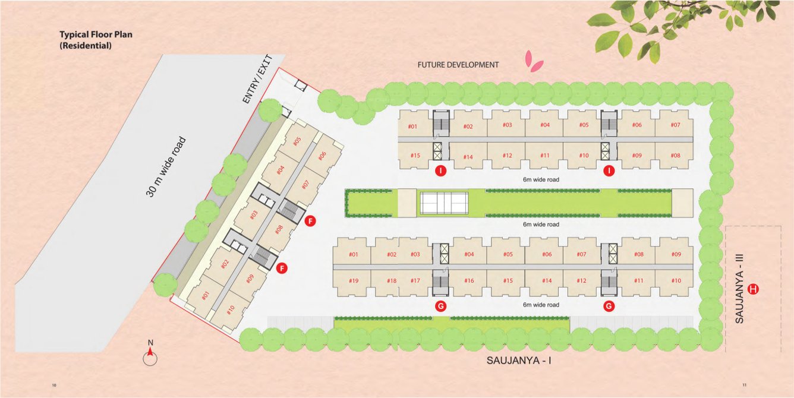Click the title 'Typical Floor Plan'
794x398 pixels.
[96, 34]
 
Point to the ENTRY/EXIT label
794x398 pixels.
[257, 80]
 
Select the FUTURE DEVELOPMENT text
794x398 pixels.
[458, 65]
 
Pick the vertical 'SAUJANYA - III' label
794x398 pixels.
[740, 289]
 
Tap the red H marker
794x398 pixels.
[754, 289]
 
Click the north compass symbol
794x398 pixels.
[150, 355]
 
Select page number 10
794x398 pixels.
[55, 386]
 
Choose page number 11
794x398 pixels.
[744, 386]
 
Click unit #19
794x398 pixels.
[353, 281]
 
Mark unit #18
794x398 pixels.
[391, 281]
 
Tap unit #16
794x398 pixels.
[469, 281]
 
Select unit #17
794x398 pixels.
[415, 281]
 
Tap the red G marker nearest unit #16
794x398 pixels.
[441, 307]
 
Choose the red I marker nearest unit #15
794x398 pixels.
[441, 172]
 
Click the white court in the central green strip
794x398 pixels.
[444, 203]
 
